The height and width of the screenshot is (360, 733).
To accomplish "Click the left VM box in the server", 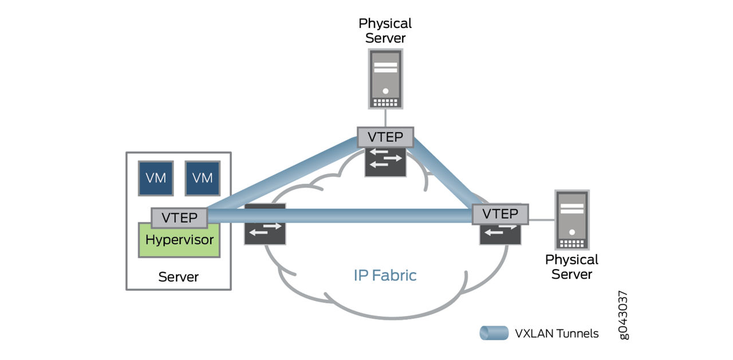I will point(156,178).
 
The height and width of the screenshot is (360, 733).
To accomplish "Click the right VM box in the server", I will point(202,178).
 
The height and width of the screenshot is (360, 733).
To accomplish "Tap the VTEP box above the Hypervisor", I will point(179,218).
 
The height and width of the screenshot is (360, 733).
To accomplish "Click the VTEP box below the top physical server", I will point(385,137).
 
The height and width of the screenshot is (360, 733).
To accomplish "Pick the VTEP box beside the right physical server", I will point(500,214).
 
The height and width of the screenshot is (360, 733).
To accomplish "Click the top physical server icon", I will point(385,78).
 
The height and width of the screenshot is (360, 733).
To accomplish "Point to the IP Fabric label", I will point(385,275).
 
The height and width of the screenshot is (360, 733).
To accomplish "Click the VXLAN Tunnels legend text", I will point(557,333).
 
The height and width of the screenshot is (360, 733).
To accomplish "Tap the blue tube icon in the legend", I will point(494,333).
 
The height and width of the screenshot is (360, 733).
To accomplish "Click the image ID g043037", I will point(624,315).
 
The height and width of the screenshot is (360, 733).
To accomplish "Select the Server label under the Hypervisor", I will point(178,277).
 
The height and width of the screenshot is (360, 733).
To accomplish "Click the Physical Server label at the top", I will point(385,31).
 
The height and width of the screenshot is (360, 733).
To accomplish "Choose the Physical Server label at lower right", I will point(572,267).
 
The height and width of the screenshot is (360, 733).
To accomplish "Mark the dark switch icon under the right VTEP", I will point(500,234).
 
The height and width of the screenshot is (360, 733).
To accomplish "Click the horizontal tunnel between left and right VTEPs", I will point(344,216).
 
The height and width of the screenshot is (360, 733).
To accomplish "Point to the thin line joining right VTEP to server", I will point(541,220).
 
